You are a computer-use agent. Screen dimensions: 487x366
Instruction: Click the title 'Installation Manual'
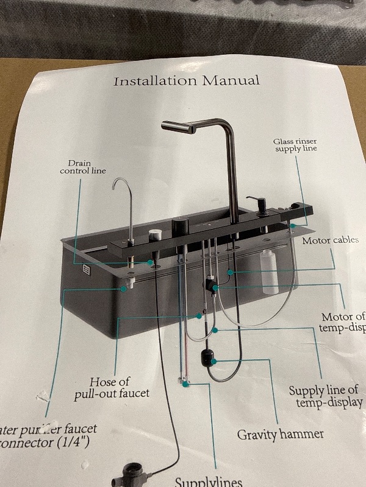point(186,80)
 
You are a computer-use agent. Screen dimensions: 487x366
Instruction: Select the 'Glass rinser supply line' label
point(295,145)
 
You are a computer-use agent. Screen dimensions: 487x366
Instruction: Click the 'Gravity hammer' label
point(280,435)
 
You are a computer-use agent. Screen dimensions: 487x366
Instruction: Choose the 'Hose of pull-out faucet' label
point(112,388)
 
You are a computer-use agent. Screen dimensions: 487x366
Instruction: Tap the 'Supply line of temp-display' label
point(323,396)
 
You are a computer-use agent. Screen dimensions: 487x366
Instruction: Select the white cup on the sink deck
point(156,233)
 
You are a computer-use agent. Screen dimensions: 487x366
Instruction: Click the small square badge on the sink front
point(87,270)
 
